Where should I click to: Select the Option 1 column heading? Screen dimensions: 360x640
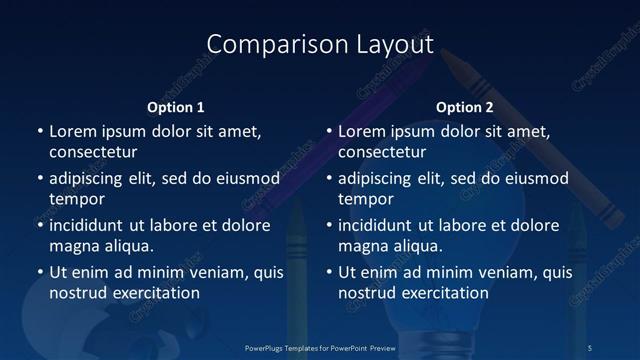pyautogui.click(x=176, y=107)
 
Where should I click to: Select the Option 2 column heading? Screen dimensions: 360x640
pyautogui.click(x=465, y=107)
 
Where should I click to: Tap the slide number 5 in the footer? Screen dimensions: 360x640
pyautogui.click(x=591, y=347)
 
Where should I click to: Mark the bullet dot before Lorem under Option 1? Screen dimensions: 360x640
pyautogui.click(x=40, y=132)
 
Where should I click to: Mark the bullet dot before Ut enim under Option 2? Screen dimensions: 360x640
pyautogui.click(x=329, y=272)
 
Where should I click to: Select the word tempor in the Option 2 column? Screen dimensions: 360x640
pyautogui.click(x=366, y=199)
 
